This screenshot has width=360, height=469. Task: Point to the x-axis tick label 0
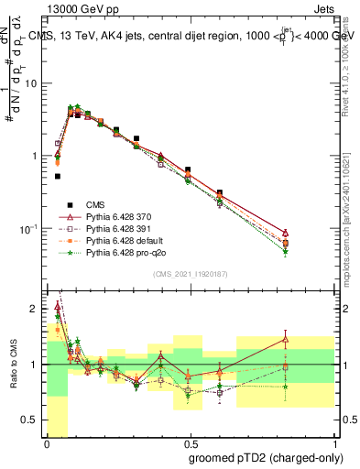click(x=47, y=444)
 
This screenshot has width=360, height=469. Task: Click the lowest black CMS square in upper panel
click(x=58, y=176)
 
